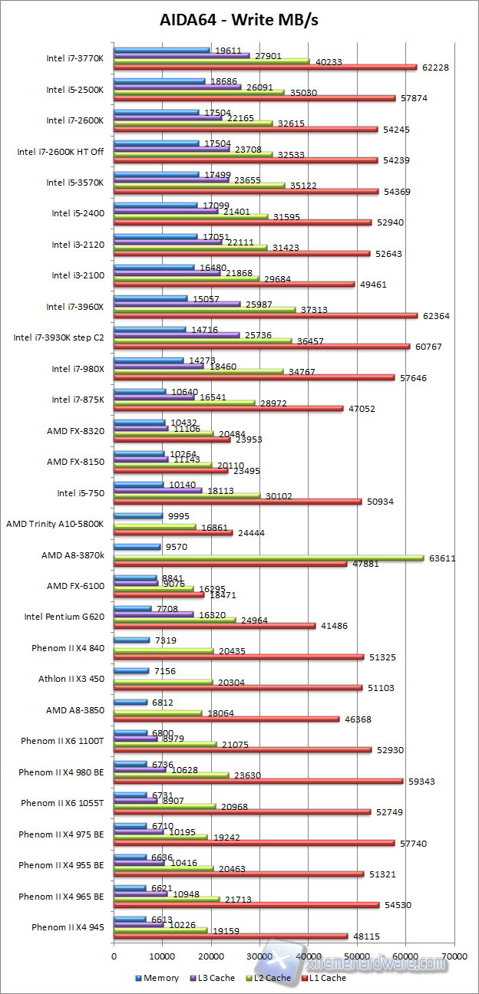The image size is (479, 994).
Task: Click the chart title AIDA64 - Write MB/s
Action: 239,20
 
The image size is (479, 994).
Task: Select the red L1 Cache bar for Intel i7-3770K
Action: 265,67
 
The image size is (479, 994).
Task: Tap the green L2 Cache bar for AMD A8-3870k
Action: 269,558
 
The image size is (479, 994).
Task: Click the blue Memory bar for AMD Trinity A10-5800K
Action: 138,516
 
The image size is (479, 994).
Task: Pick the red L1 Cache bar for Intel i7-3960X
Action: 266,315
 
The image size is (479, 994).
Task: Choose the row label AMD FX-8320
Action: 75,430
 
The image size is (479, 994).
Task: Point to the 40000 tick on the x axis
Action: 307,957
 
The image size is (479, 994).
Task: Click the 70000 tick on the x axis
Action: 452,957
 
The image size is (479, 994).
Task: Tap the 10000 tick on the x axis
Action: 162,957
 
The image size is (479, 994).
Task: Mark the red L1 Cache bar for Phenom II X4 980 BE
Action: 258,781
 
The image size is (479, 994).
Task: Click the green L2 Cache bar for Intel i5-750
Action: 187,495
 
